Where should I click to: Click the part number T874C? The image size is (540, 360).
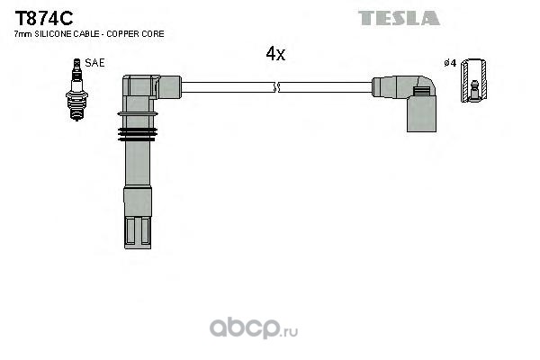pos(44,18)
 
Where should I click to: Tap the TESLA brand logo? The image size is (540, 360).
pos(399,18)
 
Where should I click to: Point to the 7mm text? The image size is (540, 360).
pos(23,34)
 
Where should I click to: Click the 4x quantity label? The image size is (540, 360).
pos(275,54)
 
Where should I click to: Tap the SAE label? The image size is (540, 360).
pos(94,63)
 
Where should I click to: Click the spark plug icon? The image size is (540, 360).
pos(76,90)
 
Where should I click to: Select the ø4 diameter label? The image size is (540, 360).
pos(450,63)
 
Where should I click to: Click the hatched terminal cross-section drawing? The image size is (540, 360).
pos(474,80)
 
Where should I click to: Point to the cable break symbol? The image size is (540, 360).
pos(276,87)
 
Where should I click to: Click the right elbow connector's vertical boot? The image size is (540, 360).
pos(421,113)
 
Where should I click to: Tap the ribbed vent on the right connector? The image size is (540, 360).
pos(421,91)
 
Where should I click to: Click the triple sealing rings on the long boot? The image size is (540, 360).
pos(138,134)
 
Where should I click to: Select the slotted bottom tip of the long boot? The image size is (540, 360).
pos(138,232)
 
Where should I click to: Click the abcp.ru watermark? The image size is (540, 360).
pos(254,328)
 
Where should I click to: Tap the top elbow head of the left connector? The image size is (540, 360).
pos(151,86)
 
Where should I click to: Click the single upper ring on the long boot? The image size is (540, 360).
pos(138,113)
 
